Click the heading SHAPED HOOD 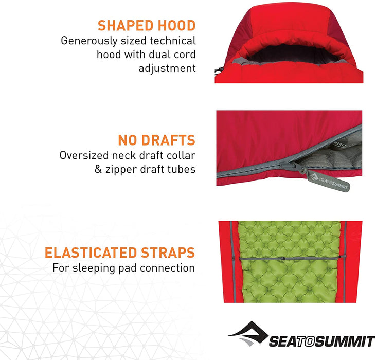[x=147, y=26]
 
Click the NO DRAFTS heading [x=157, y=140]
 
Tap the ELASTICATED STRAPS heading [x=120, y=253]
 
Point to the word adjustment [x=167, y=68]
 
